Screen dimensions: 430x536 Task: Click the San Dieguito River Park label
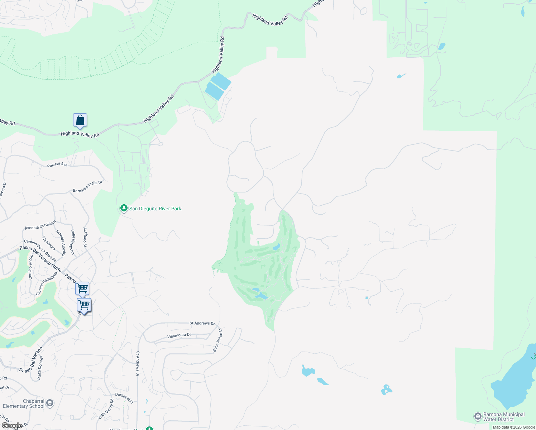(155, 209)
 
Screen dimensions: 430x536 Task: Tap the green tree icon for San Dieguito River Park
(124, 208)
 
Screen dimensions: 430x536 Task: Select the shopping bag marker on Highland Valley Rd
(80, 120)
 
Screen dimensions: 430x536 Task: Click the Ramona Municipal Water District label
(504, 417)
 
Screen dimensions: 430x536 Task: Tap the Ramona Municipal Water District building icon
(478, 416)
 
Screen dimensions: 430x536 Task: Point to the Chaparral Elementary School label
(24, 403)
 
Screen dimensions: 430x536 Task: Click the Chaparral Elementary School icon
(50, 403)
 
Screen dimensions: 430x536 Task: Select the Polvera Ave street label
(57, 165)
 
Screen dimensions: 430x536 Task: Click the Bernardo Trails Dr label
(87, 187)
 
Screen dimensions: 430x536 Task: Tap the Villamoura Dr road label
(179, 335)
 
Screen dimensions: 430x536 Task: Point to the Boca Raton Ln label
(217, 340)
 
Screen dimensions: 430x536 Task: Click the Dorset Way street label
(124, 398)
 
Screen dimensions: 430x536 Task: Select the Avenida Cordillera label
(40, 225)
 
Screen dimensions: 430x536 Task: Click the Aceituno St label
(85, 237)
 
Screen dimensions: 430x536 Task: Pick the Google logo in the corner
(12, 426)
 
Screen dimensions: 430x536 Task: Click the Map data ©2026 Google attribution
(514, 427)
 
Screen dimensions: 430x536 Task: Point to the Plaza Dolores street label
(40, 368)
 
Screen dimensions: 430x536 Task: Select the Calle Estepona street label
(72, 242)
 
